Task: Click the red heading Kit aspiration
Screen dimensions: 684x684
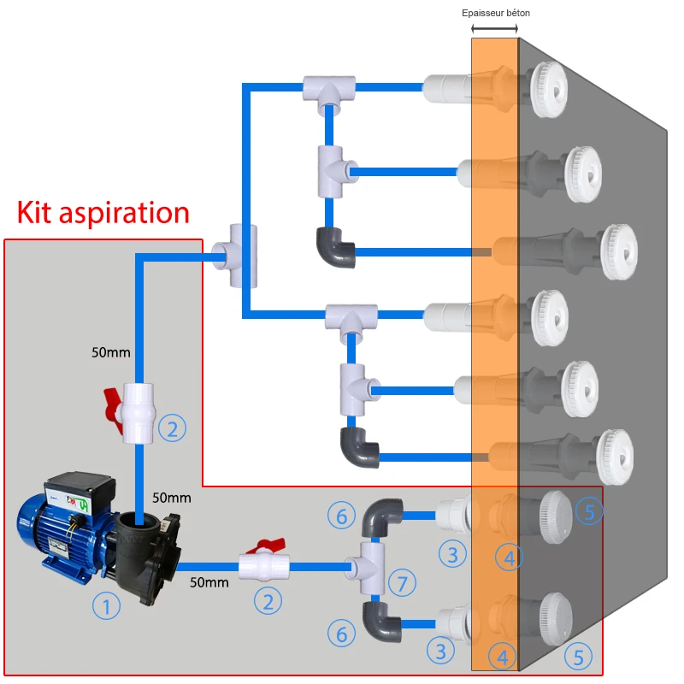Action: pyautogui.click(x=103, y=211)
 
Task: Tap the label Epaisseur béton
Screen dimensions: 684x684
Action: pyautogui.click(x=495, y=13)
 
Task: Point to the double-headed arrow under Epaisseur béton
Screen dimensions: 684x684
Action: pyautogui.click(x=495, y=29)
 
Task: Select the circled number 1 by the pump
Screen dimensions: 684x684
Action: pyautogui.click(x=106, y=607)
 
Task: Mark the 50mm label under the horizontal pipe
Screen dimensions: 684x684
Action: pyautogui.click(x=209, y=583)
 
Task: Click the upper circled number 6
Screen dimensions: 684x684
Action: pyautogui.click(x=341, y=515)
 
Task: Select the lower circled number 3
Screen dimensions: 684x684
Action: pyautogui.click(x=441, y=652)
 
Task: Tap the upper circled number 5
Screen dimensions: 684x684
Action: pyautogui.click(x=588, y=511)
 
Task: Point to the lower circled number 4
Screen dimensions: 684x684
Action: pyautogui.click(x=503, y=657)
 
